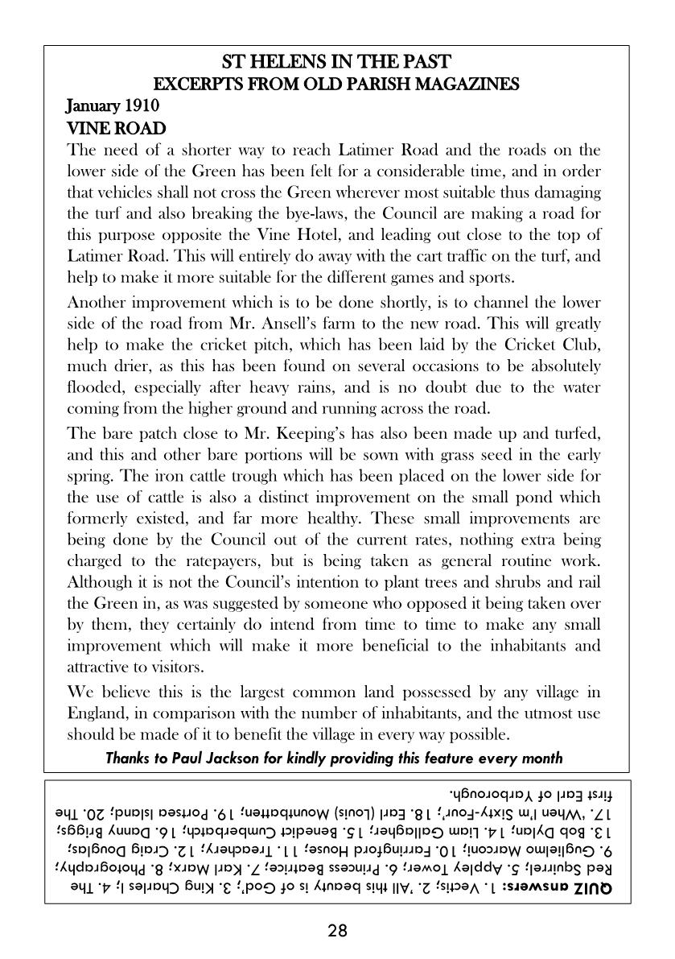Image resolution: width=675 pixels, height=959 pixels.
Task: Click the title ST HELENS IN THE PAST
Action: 336,62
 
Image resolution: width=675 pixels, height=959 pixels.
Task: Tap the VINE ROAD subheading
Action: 116,128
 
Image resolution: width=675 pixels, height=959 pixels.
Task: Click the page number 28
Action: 337,932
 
